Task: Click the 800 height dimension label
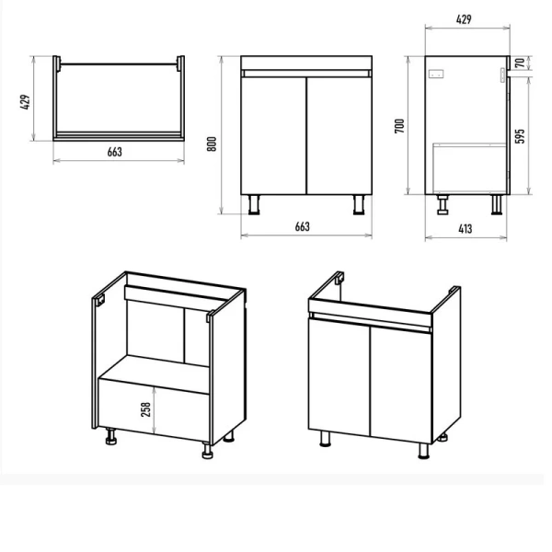[212, 144]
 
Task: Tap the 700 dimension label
[399, 126]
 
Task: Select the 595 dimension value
[520, 136]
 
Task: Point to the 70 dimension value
[520, 63]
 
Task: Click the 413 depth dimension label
[465, 229]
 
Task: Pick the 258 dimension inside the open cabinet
[145, 409]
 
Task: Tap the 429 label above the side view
[464, 19]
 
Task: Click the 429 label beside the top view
[25, 102]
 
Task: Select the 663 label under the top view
[115, 152]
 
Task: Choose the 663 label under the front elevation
[303, 226]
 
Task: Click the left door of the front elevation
[273, 135]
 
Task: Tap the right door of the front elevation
[339, 135]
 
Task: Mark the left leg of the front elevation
[254, 204]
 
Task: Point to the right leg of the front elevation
[359, 204]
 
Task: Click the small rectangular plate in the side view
[436, 75]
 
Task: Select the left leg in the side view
[443, 204]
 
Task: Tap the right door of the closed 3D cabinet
[401, 385]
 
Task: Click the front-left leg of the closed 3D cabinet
[325, 439]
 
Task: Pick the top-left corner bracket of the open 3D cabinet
[99, 300]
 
